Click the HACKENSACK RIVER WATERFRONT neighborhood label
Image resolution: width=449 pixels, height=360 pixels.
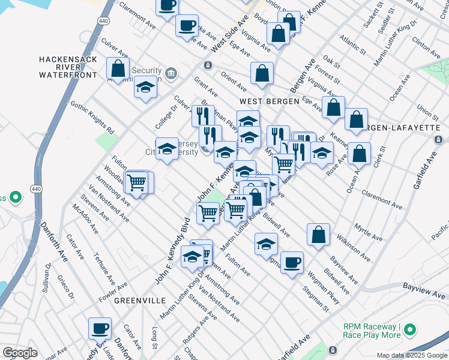[x=68, y=67]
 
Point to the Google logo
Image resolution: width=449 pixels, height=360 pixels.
[x=20, y=353]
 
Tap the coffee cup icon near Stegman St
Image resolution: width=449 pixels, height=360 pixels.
[x=292, y=262]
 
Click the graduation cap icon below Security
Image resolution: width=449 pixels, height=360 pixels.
[x=145, y=88]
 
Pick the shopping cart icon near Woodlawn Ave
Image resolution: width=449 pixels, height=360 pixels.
[x=137, y=181]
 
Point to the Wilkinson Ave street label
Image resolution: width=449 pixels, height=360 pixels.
[x=353, y=248]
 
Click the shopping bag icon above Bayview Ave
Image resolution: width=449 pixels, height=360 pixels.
[x=318, y=235]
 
